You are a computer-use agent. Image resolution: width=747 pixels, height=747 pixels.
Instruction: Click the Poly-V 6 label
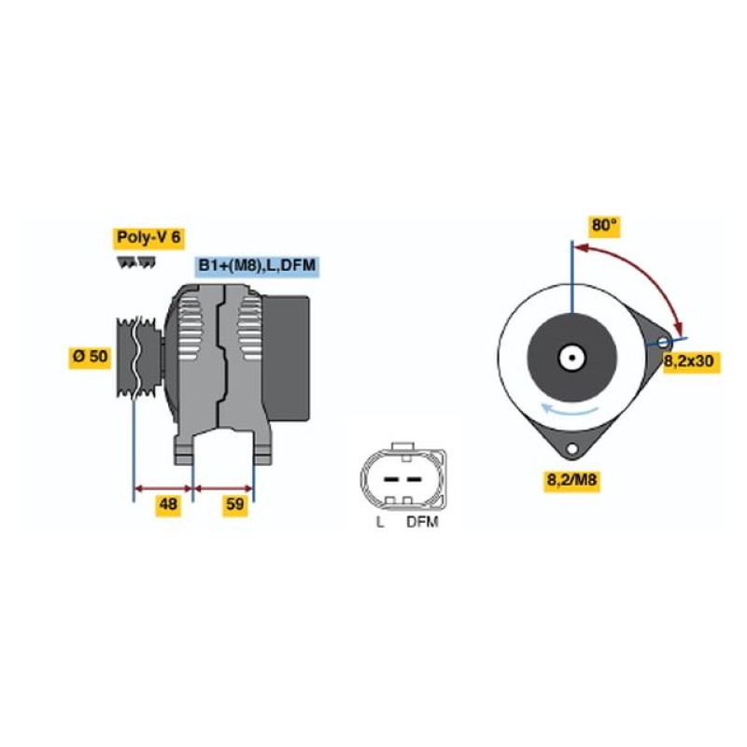pos(149,238)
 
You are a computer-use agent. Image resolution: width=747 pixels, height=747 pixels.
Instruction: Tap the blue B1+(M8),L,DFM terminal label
pos(258,266)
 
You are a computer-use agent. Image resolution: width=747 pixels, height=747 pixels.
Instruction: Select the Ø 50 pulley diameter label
pos(91,357)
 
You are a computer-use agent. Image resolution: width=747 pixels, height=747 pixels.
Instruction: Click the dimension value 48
pos(169,503)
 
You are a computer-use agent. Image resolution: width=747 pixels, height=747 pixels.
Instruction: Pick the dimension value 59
pos(235,503)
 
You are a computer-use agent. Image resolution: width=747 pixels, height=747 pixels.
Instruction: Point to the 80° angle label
pos(604,225)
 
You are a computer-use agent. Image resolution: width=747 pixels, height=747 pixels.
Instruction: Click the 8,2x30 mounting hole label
pos(689,361)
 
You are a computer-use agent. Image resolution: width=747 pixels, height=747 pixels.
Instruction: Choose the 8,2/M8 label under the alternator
pos(571,480)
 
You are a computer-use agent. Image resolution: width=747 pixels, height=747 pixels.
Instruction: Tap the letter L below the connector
pos(380,522)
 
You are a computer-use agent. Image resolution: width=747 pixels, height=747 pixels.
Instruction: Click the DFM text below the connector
pos(422,522)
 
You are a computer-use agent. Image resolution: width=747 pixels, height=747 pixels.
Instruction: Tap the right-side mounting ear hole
pos(663,343)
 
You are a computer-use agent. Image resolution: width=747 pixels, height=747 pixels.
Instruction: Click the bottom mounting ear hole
pos(571,449)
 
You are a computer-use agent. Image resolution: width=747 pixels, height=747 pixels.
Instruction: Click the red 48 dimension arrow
pos(162,488)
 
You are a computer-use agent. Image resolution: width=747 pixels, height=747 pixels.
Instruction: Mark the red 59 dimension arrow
pos(223,488)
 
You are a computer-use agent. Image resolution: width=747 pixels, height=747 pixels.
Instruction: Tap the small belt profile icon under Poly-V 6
pos(136,263)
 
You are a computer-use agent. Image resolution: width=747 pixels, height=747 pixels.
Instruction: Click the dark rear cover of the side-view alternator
pos(286,359)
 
